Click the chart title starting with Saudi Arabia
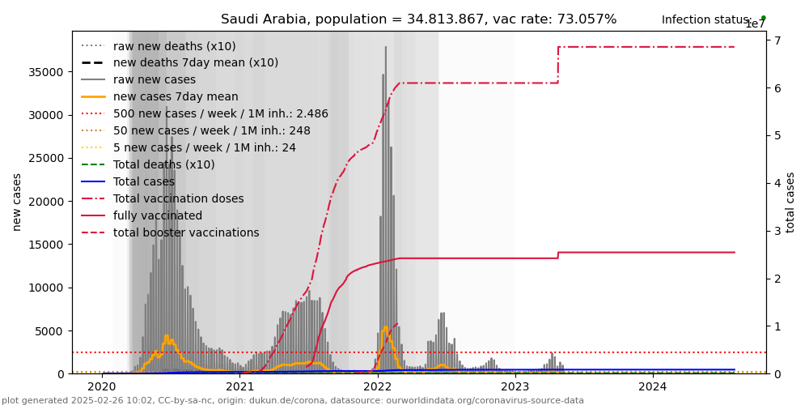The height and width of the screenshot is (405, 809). [418, 19]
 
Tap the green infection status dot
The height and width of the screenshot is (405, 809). [763, 18]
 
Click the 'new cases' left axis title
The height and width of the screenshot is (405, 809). [17, 202]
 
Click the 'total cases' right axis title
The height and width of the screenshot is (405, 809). [790, 202]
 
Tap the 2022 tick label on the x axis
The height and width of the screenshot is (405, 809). [378, 386]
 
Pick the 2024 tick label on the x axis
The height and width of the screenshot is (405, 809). [654, 386]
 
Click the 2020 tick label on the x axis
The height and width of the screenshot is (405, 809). [102, 386]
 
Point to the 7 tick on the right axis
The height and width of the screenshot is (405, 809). [775, 40]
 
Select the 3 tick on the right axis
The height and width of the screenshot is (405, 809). [775, 231]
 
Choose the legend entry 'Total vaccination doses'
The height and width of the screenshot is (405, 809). [178, 199]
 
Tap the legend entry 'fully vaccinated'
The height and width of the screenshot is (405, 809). [158, 216]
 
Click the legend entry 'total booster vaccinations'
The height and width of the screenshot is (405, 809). [186, 233]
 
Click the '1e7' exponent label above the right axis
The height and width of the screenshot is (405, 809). [755, 24]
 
